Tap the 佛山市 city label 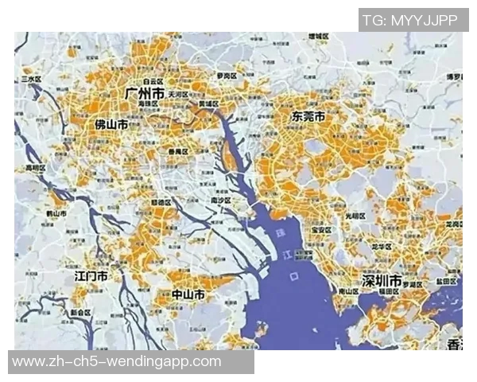111,125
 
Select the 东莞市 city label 308,116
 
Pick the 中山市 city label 188,294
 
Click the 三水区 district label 32,80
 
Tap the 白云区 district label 153,81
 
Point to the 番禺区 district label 178,151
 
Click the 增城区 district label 318,37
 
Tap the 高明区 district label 37,168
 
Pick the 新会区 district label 81,313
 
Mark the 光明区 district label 355,216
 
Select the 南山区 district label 348,292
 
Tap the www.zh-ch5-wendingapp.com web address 117,362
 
